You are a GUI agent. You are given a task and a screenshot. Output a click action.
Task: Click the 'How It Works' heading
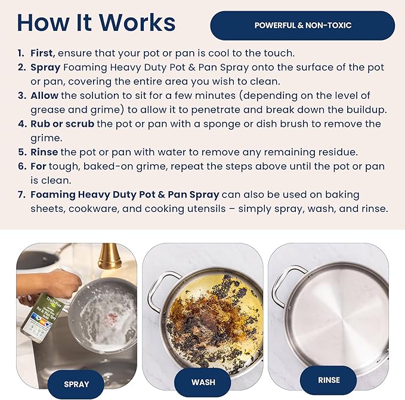pyautogui.click(x=96, y=23)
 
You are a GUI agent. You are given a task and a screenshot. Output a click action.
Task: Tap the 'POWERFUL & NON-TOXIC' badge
pyautogui.click(x=302, y=26)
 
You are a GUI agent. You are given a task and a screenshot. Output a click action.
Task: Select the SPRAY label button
pyautogui.click(x=76, y=384)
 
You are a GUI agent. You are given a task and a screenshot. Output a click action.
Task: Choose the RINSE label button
pyautogui.click(x=329, y=380)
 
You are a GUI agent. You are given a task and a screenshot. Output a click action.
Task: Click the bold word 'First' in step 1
pyautogui.click(x=42, y=53)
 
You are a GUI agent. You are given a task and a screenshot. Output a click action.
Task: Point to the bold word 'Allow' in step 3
pyautogui.click(x=45, y=96)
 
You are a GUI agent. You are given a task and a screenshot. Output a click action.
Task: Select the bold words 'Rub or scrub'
pyautogui.click(x=62, y=124)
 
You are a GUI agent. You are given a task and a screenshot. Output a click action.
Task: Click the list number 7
pyautogui.click(x=21, y=195)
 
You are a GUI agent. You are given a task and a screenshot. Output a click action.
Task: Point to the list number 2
pyautogui.click(x=21, y=67)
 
